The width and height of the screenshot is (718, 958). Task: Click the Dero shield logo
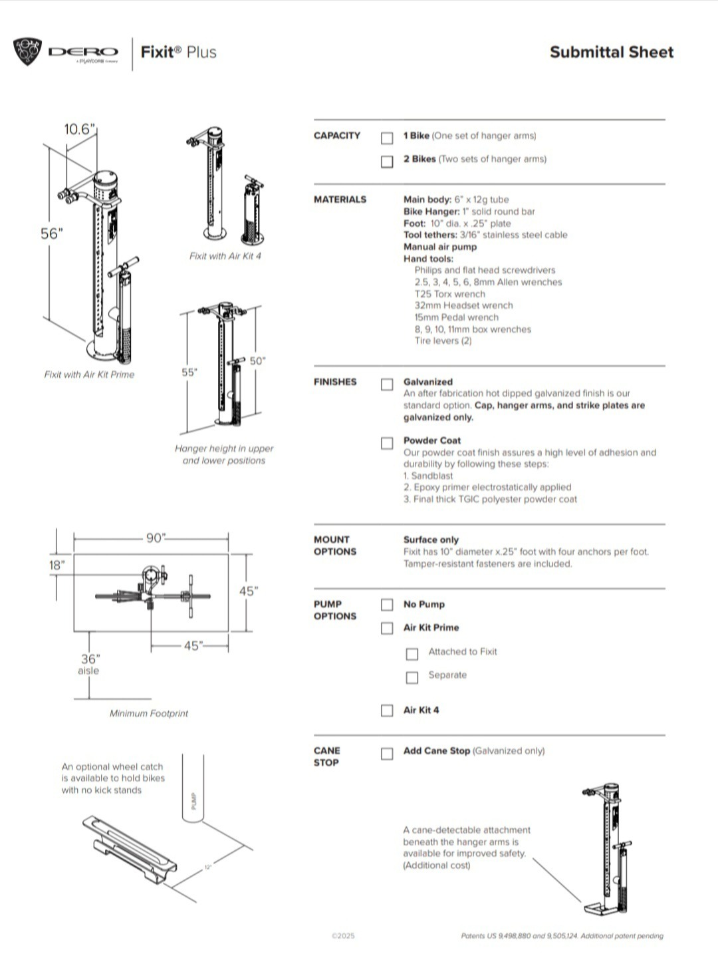[27, 52]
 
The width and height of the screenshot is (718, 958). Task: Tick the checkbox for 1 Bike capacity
[387, 138]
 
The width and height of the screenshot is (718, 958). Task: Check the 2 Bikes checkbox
[387, 161]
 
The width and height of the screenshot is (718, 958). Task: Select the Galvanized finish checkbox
[387, 385]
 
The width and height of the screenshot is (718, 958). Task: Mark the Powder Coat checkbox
[387, 443]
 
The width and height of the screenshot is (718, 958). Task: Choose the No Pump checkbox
[387, 605]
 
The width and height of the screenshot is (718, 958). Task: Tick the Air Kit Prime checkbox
[387, 628]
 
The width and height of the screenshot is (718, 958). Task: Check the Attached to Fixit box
[412, 654]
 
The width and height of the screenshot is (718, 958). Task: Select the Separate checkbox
[412, 677]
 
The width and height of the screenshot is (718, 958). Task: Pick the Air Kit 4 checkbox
[387, 711]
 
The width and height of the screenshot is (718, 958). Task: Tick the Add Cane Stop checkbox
[387, 754]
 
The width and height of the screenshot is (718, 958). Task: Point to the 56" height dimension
[51, 234]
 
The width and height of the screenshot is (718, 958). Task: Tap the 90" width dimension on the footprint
[156, 538]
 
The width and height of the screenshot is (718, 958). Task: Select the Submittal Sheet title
[611, 53]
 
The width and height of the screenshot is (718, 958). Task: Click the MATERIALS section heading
[340, 199]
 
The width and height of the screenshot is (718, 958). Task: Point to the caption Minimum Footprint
[149, 713]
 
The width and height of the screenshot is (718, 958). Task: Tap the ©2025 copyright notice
[343, 935]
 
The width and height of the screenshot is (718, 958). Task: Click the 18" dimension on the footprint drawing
[57, 565]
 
